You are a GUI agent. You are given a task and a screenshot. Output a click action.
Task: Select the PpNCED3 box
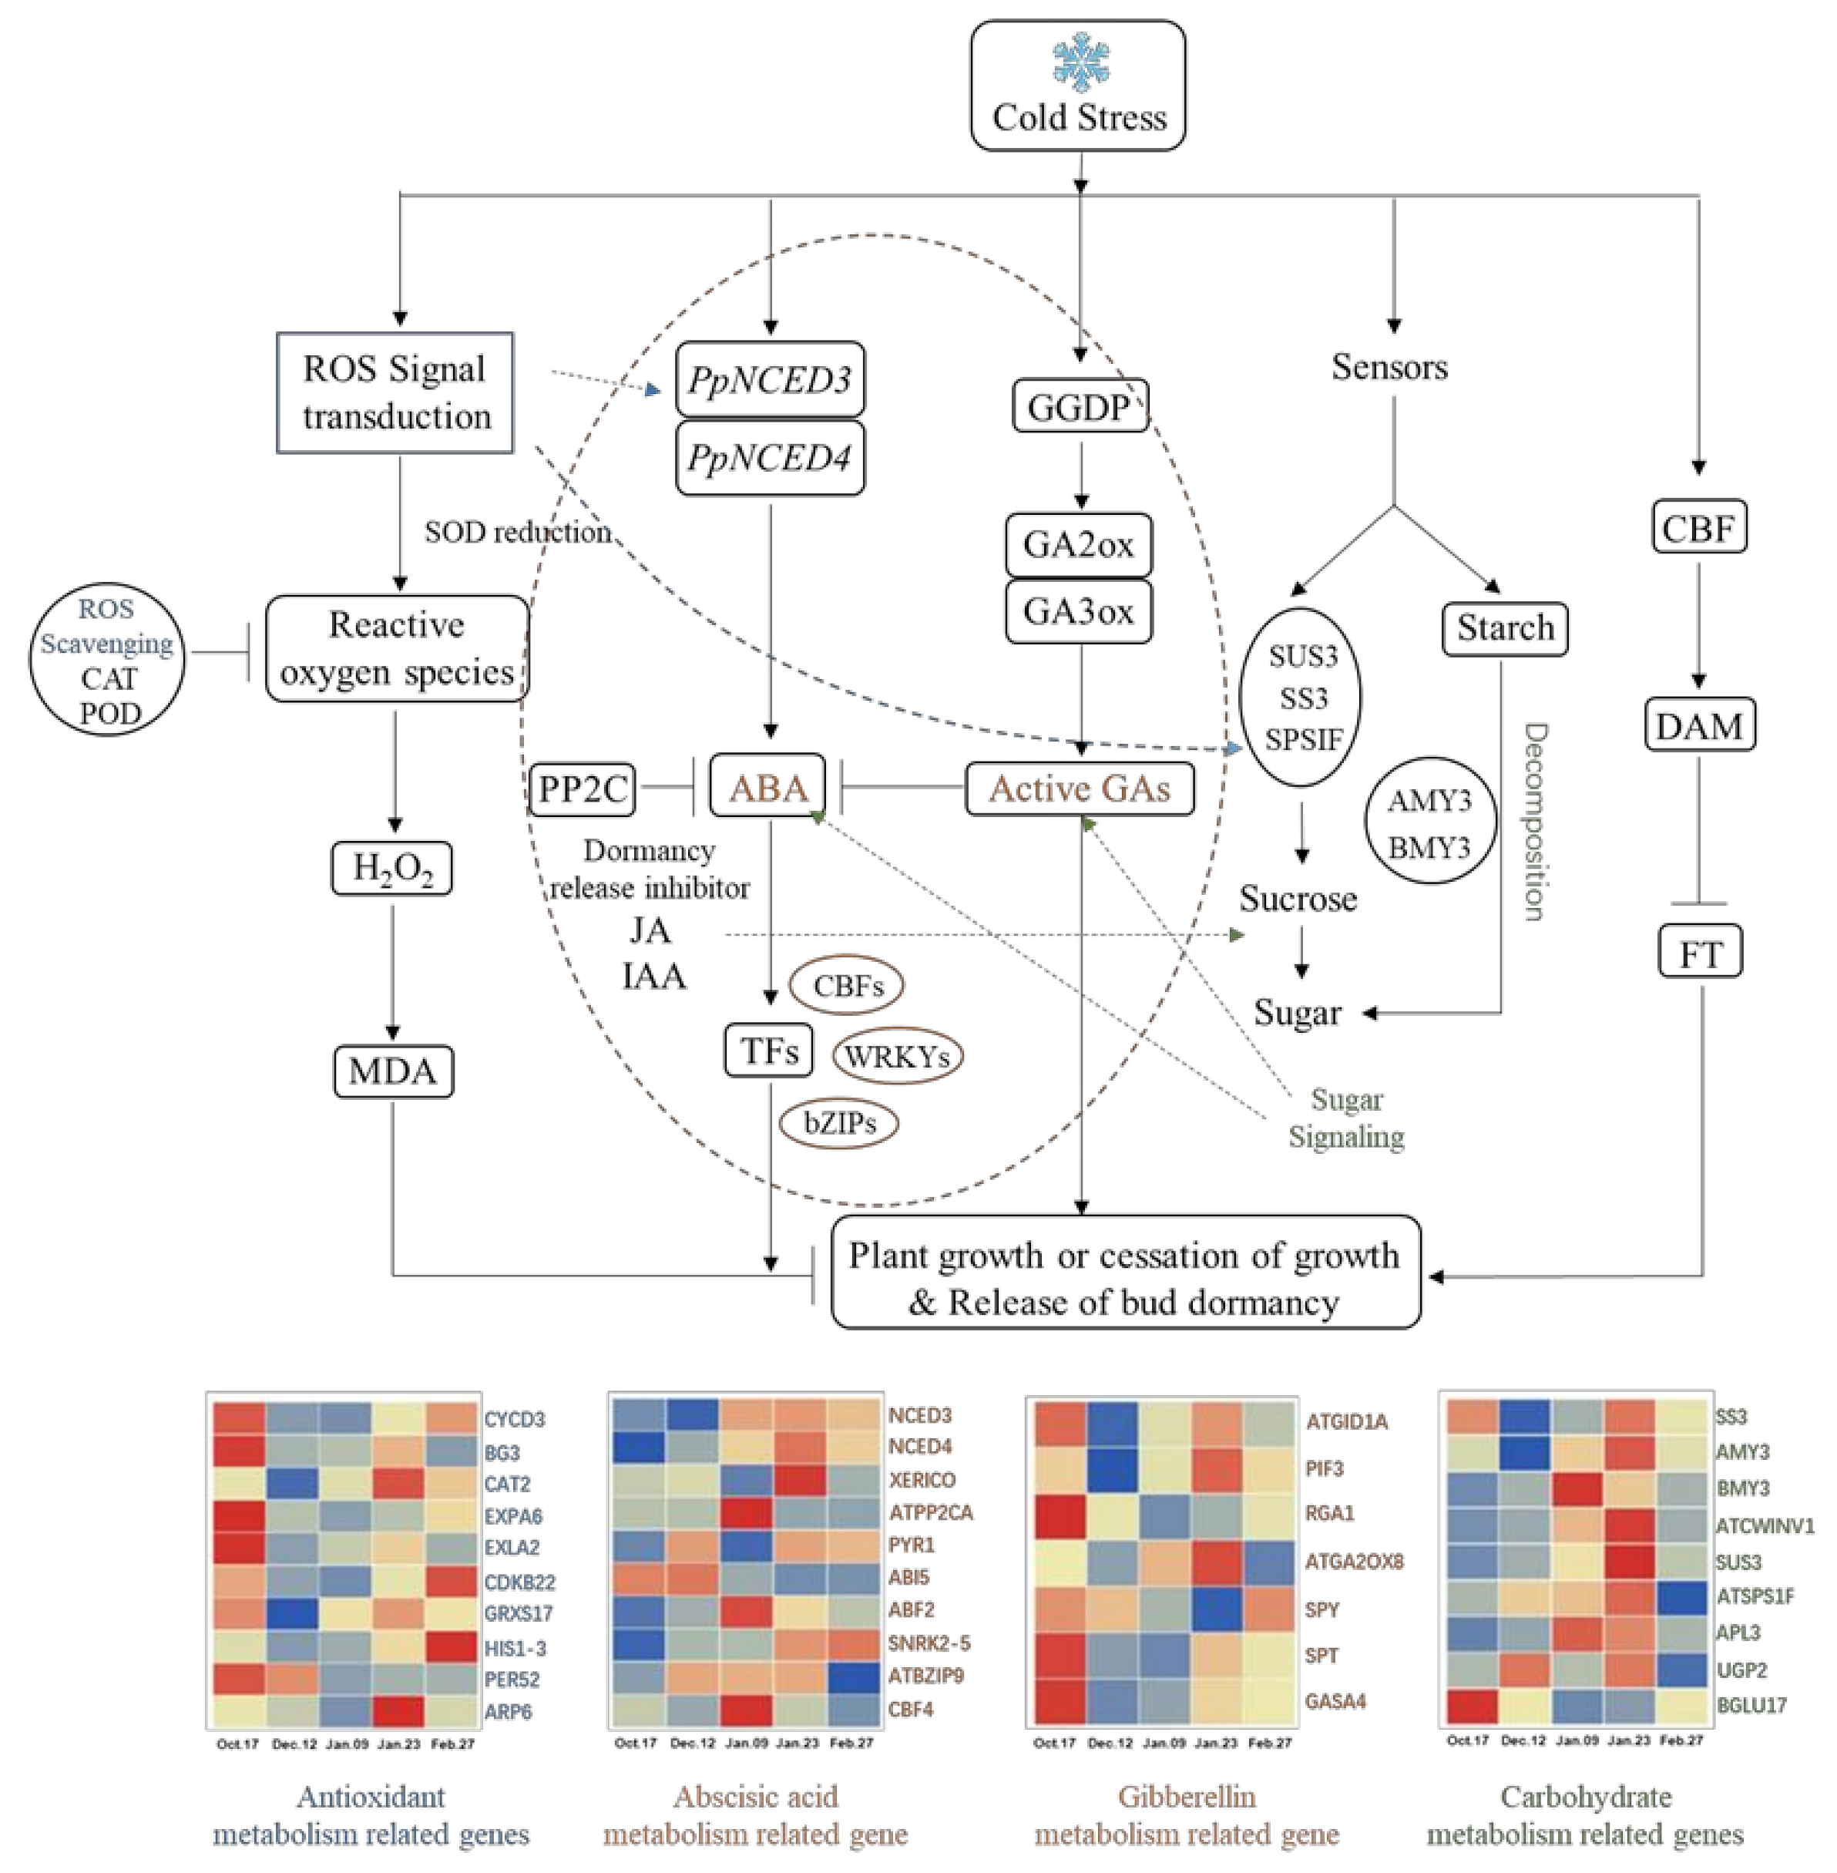tap(770, 379)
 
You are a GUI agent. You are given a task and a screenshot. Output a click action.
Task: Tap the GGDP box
tap(1080, 405)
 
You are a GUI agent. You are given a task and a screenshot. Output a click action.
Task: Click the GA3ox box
tap(1079, 610)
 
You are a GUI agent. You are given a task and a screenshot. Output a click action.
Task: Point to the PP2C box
tap(582, 789)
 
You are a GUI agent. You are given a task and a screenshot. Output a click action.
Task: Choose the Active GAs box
tap(1080, 789)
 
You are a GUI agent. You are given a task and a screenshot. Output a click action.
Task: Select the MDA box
tap(394, 1071)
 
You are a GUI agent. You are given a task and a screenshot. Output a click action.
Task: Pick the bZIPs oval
tap(839, 1122)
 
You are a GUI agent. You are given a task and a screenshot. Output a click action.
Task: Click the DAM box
tap(1699, 725)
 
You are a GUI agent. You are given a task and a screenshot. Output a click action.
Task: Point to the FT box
tap(1700, 953)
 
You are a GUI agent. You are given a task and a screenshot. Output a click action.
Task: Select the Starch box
tap(1505, 628)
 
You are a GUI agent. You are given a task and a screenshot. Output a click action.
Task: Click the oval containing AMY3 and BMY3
tap(1431, 822)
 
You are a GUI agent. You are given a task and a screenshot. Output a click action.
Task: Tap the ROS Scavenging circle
tap(107, 660)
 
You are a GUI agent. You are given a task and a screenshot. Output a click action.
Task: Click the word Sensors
tap(1390, 367)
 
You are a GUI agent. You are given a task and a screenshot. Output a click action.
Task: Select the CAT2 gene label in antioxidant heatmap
tap(508, 1484)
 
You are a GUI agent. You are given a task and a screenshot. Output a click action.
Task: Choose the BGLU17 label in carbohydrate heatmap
tap(1752, 1705)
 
